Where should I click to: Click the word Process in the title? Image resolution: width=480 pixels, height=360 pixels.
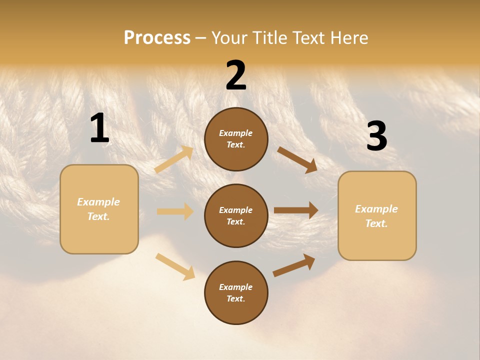(x=157, y=38)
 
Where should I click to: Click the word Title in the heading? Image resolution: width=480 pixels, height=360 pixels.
(x=270, y=38)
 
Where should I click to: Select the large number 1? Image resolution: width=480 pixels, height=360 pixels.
(x=99, y=128)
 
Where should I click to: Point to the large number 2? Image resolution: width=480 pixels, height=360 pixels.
(x=236, y=75)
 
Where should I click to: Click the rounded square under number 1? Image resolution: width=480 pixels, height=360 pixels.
(x=99, y=209)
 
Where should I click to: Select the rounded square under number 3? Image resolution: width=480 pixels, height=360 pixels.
(x=377, y=216)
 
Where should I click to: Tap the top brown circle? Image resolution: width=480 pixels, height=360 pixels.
(x=236, y=139)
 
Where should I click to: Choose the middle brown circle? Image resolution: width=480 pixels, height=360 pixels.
(x=236, y=216)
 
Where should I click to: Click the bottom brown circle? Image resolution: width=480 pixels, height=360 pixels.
(x=236, y=293)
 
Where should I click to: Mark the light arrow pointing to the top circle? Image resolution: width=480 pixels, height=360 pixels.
(x=174, y=159)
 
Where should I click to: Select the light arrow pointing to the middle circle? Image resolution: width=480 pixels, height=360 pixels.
(x=175, y=211)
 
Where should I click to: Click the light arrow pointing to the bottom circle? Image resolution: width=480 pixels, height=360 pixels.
(x=175, y=266)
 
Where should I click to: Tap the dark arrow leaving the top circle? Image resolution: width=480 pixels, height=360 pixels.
(x=297, y=159)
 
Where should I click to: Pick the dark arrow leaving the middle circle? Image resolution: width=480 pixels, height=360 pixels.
(x=296, y=210)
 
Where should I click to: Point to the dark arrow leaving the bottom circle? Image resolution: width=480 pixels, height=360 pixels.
(x=294, y=265)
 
